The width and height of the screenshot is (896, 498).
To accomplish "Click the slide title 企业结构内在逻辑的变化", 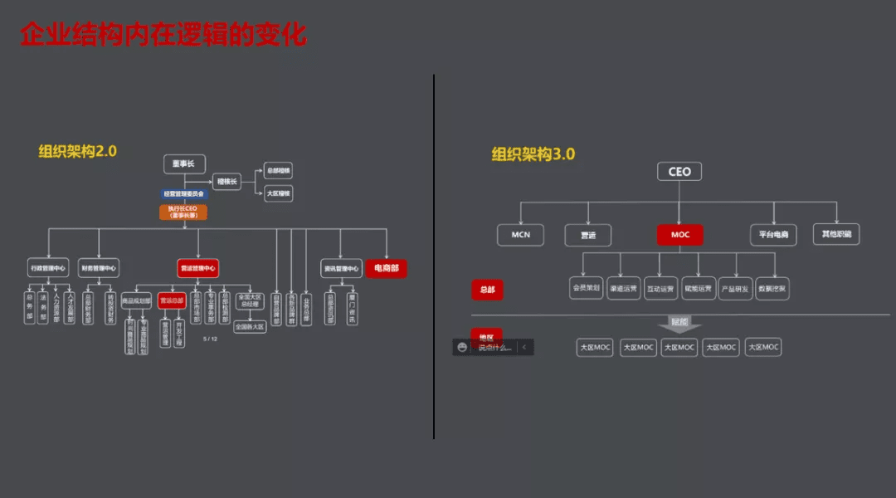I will point(163,35).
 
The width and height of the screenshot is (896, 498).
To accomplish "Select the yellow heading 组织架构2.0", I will point(77,151).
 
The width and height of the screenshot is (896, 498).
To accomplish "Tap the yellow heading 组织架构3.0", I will point(533,154).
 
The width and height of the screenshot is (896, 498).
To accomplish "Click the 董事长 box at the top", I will point(183,164).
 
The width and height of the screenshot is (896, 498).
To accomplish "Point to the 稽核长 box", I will point(226,181).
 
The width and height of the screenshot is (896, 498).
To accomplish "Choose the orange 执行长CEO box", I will point(183,212).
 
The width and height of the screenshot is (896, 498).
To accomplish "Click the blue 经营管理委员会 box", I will point(183,194).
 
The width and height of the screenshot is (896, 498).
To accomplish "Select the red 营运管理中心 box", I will point(197,268).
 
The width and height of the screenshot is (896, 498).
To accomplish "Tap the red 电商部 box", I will point(386,268).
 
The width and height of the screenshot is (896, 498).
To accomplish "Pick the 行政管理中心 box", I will point(48,268).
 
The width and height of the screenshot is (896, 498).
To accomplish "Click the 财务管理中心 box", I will point(99,268).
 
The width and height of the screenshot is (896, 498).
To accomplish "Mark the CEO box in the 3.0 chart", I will point(679,172).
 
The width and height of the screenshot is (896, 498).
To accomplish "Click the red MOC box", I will point(679,235).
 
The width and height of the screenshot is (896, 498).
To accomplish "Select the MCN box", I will point(520,235).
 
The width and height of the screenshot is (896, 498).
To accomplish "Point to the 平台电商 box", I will point(773,235).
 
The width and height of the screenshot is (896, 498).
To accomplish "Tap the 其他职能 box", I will point(835,234).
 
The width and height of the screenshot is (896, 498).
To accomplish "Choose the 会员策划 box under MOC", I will point(587,288).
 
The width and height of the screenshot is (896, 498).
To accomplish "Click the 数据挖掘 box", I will point(772,288).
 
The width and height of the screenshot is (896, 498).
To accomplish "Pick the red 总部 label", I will point(487,290).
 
